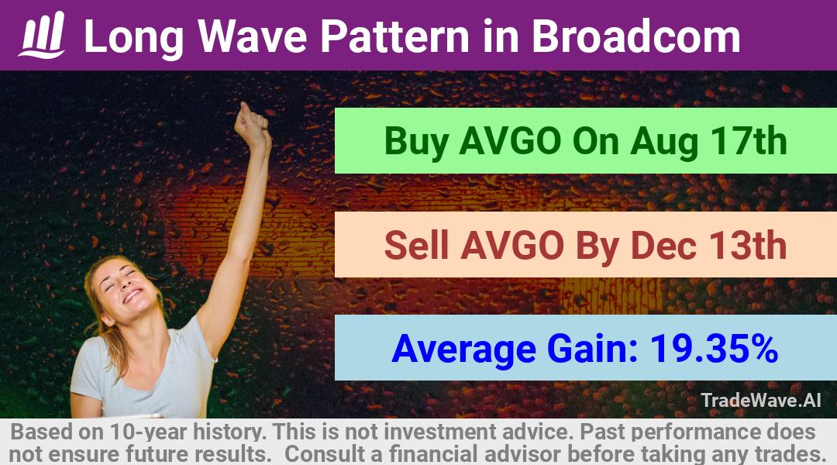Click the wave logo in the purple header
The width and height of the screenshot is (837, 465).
[x=42, y=35]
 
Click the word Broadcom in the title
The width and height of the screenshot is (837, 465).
[x=635, y=36]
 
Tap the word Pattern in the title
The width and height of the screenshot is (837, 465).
[x=394, y=36]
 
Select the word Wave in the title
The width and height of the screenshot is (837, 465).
[x=253, y=36]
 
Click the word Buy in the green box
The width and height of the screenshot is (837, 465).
[x=416, y=142]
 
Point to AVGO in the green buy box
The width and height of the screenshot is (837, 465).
[x=510, y=141]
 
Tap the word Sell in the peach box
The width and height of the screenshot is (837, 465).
[x=416, y=246]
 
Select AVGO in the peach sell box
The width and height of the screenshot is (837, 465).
[x=512, y=246]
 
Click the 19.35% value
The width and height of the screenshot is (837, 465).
[x=714, y=349]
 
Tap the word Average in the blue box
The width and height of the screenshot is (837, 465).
[x=463, y=350]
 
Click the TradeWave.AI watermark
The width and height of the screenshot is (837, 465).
[x=761, y=400]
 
